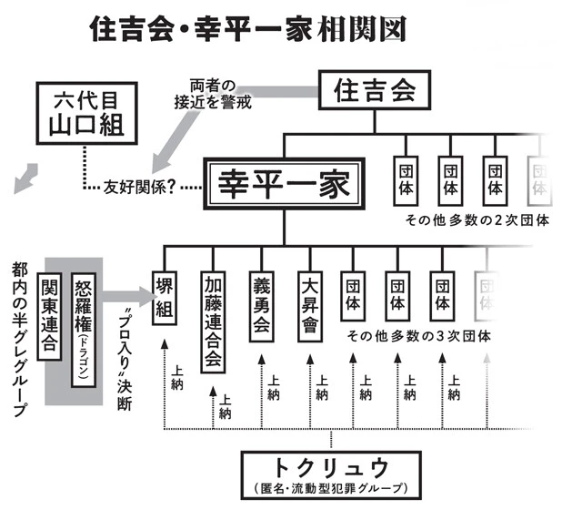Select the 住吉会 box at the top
(x=375, y=91)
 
